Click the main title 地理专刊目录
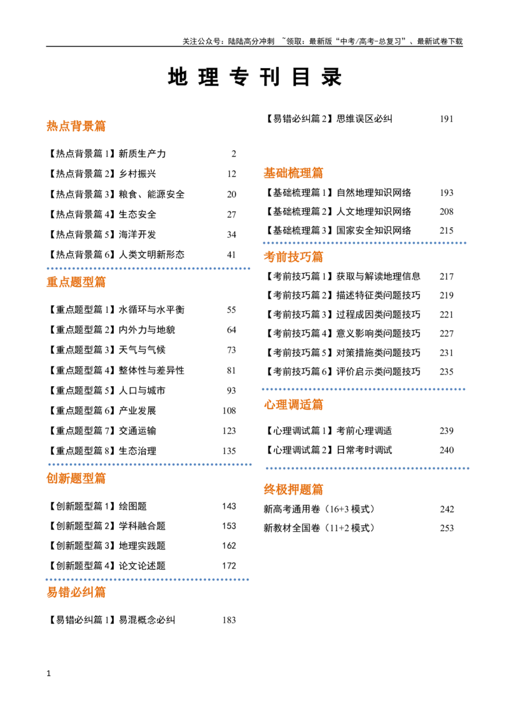254,77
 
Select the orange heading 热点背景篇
76,126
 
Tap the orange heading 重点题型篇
76,282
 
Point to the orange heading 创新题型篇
76,478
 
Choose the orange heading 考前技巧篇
293,257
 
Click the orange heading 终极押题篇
293,490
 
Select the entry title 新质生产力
143,154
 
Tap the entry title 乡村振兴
137,174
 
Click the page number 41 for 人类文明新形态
231,255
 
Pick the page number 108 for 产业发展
229,411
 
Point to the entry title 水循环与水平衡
151,310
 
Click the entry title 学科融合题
142,526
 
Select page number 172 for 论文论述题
229,566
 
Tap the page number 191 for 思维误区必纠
447,119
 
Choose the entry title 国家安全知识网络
374,230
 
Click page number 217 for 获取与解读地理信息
447,277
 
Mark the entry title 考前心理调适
365,431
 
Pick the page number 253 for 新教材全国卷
447,529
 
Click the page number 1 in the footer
49,674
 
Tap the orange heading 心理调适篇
293,405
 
